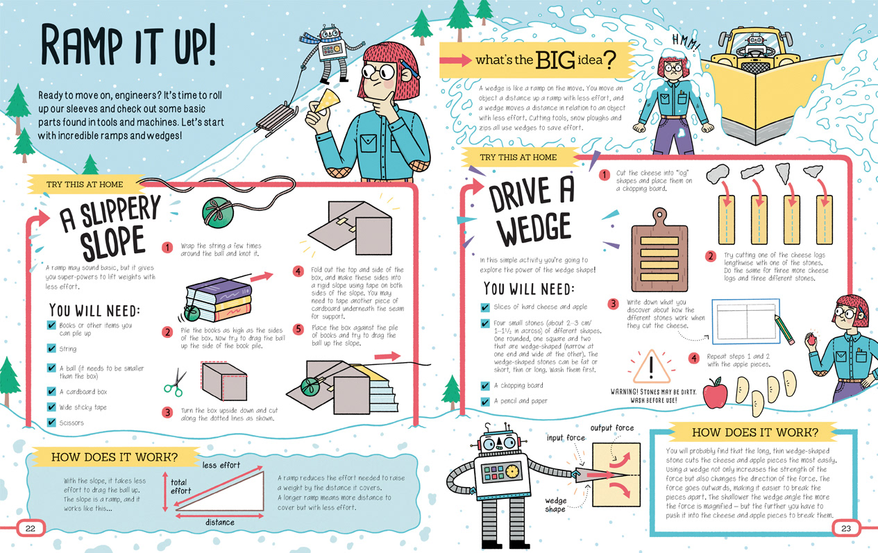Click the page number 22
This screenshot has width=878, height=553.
pyautogui.click(x=30, y=528)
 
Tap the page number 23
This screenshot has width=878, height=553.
pyautogui.click(x=846, y=528)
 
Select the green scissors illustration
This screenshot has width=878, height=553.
pyautogui.click(x=175, y=382)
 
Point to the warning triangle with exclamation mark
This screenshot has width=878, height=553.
pyautogui.click(x=651, y=367)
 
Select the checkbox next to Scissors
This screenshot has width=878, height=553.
pyautogui.click(x=51, y=422)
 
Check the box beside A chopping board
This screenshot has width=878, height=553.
pyautogui.click(x=485, y=386)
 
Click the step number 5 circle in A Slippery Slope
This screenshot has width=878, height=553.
pyautogui.click(x=298, y=329)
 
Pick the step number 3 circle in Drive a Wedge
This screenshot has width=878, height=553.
pyautogui.click(x=613, y=304)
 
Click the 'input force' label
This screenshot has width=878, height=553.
pyautogui.click(x=566, y=438)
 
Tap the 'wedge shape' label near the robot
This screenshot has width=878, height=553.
pyautogui.click(x=555, y=505)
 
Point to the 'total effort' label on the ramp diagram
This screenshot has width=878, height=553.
pyautogui.click(x=180, y=486)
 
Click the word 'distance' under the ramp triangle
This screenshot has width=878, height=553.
pyautogui.click(x=220, y=522)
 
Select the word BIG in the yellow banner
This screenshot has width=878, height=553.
pyautogui.click(x=555, y=60)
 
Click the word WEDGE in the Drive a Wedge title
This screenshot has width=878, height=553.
pyautogui.click(x=534, y=228)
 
